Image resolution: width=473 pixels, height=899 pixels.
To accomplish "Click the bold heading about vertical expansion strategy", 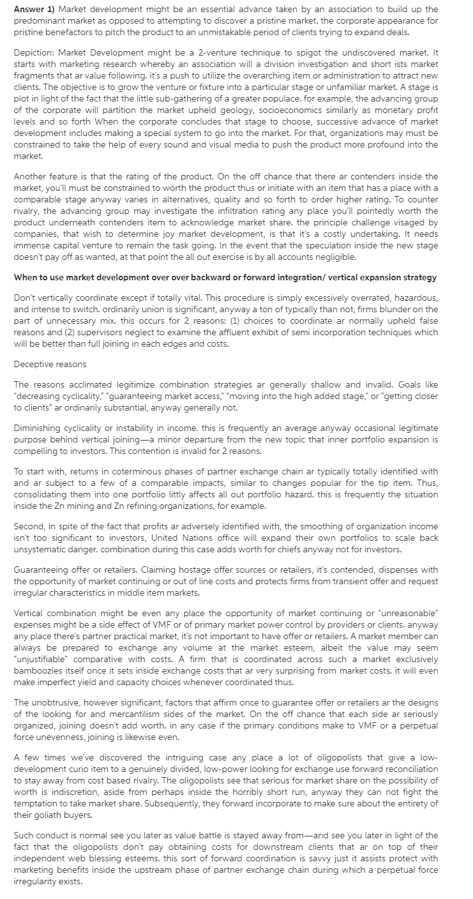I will [x=225, y=277].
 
